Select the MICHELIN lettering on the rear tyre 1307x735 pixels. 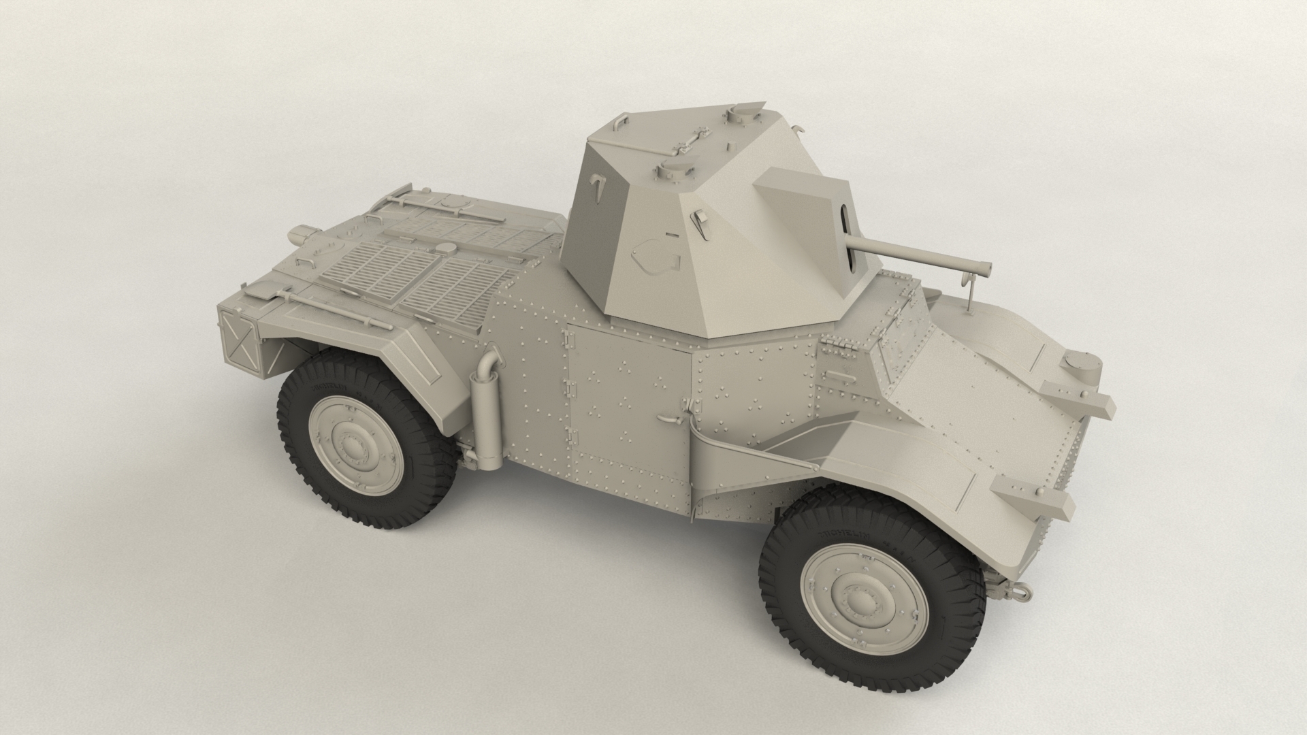tap(331, 387)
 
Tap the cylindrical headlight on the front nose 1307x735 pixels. tap(1082, 369)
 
